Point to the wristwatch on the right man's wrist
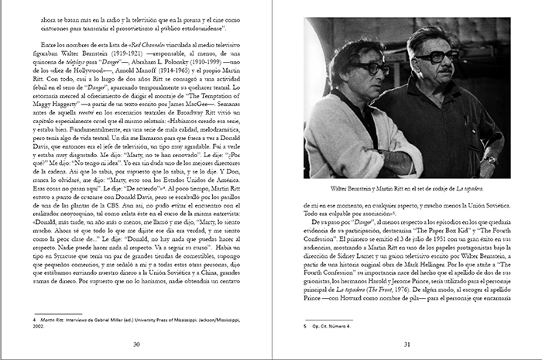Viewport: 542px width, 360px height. (x=490, y=159)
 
